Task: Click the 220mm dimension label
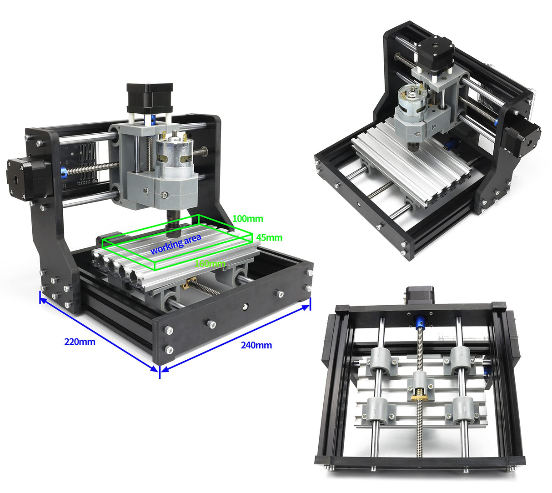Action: point(80,342)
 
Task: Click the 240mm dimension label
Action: point(256,345)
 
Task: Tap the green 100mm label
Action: point(247,219)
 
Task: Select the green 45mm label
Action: point(269,237)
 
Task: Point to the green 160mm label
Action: point(210,263)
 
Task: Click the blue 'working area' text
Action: point(176,244)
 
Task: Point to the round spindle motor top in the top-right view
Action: point(411,98)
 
